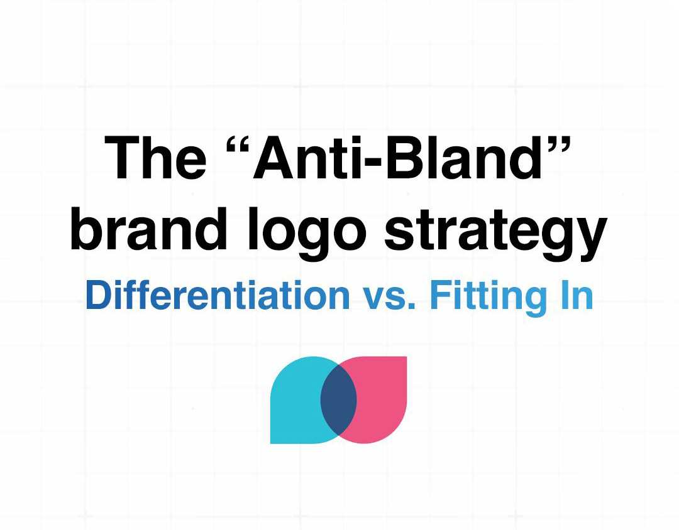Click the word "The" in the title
[x=155, y=157]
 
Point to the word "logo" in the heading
[x=307, y=233]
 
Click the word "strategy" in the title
[x=496, y=234]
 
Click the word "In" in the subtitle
[x=577, y=295]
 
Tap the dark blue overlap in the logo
[x=339, y=400]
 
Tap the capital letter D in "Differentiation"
[x=99, y=295]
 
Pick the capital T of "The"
[x=123, y=157]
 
